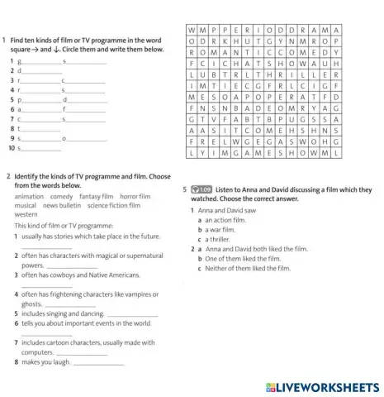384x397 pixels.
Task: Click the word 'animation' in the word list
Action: coord(30,197)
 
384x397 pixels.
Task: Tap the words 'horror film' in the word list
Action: coord(135,197)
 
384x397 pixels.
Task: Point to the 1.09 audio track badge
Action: coord(201,189)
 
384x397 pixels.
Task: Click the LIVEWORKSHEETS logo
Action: coord(323,387)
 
